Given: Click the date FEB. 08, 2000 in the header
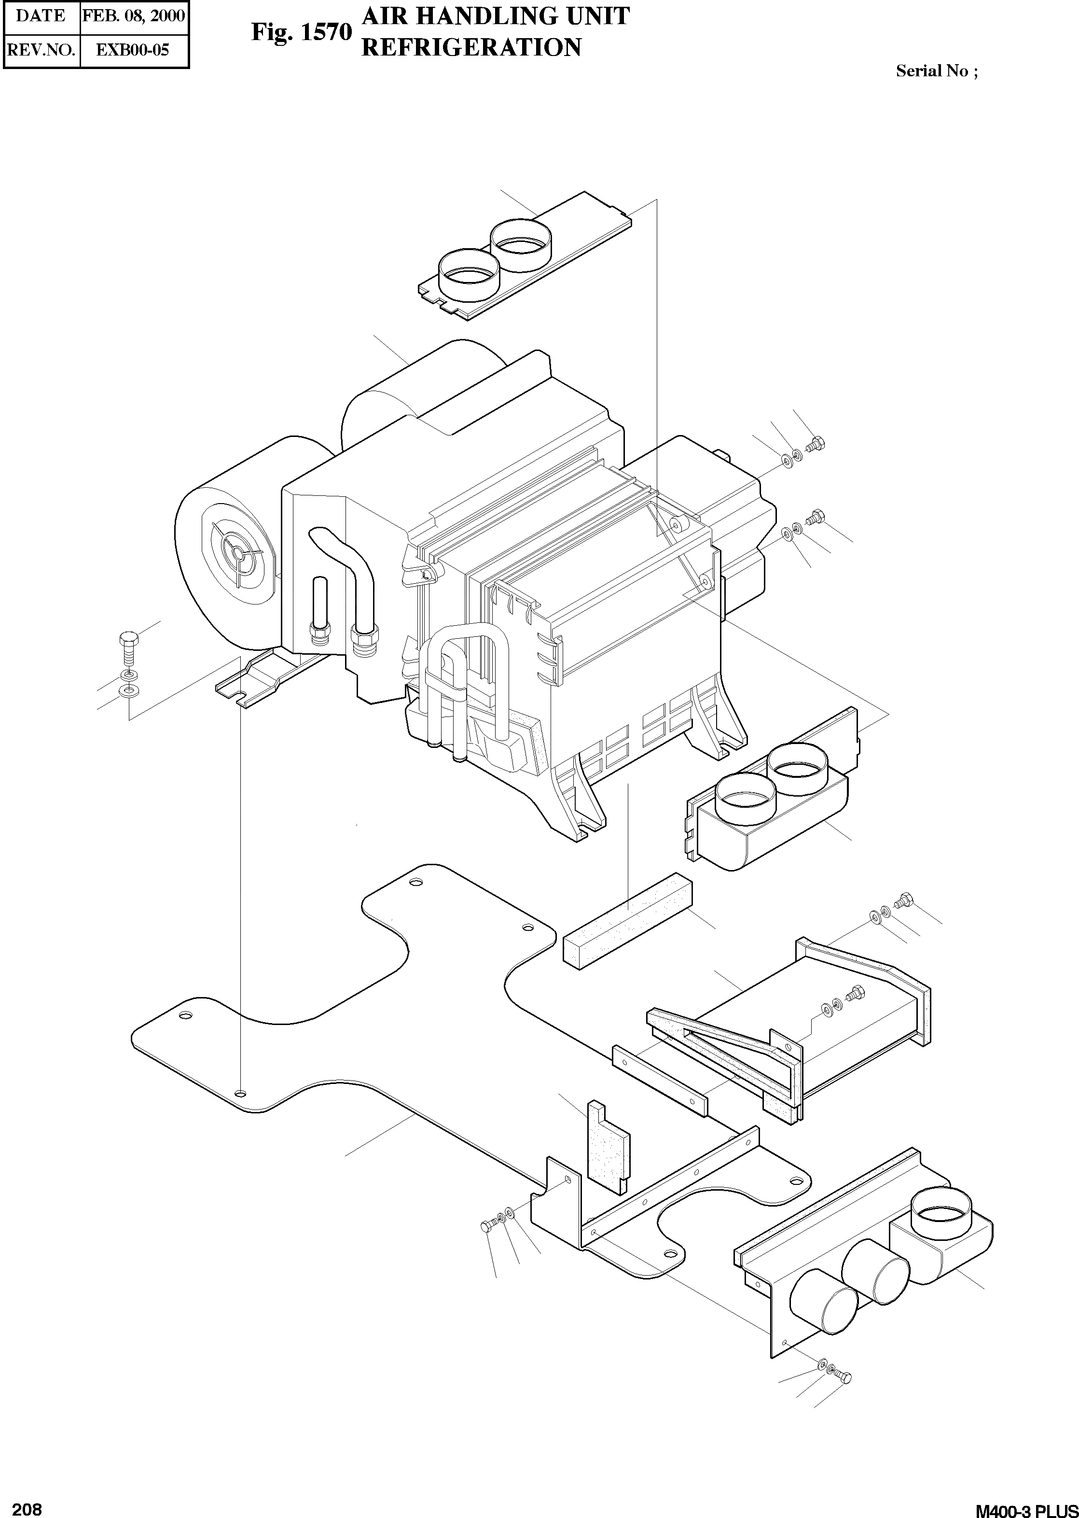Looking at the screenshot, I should click(x=134, y=16).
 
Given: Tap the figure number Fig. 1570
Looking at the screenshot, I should click(x=301, y=31).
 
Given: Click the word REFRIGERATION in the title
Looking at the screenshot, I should click(x=471, y=48).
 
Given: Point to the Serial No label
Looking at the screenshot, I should click(x=936, y=71).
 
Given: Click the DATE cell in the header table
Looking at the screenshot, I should click(x=41, y=16).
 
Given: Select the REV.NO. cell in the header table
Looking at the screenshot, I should click(x=41, y=50).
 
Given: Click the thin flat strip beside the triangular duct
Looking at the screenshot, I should click(x=661, y=1081).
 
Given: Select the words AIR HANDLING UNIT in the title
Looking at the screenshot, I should click(x=495, y=16).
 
